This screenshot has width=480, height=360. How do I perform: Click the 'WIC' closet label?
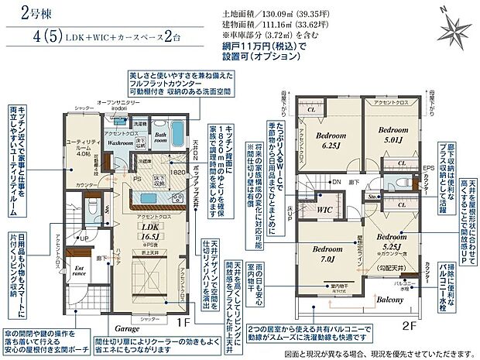325,209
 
